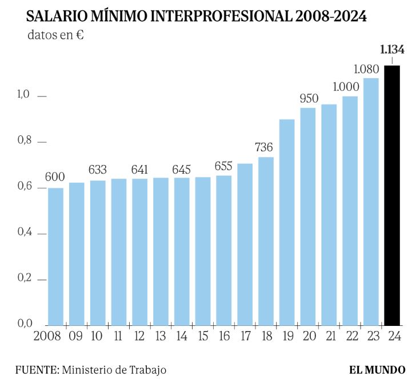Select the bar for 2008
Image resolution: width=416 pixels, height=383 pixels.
point(55,256)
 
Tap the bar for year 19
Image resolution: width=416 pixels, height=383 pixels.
point(287,222)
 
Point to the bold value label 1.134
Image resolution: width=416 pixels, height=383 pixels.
point(392,49)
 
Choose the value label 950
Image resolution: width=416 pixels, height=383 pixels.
point(308,98)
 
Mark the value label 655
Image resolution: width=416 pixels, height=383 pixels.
point(223,166)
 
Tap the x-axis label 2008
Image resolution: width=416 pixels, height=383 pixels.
point(48,337)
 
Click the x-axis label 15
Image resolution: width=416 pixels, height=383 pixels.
point(202,337)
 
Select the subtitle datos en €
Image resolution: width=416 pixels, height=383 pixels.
point(56,34)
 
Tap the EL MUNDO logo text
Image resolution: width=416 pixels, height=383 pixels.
point(377,369)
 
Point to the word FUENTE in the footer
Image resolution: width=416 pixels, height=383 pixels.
point(35,369)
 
